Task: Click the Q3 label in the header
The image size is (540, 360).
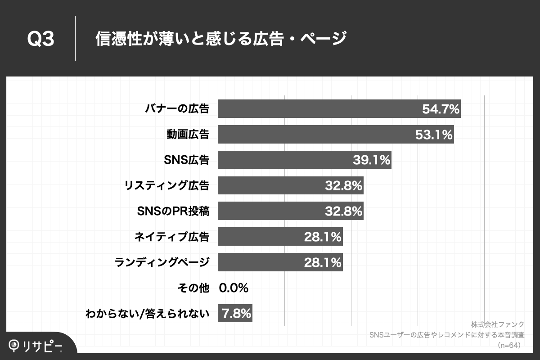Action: [41, 39]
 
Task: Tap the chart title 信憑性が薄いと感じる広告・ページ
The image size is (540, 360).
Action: [220, 39]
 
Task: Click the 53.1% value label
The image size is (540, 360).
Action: [434, 134]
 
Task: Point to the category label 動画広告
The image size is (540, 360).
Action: [187, 134]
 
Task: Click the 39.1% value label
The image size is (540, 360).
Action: [371, 160]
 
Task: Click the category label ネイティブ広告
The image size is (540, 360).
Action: [172, 236]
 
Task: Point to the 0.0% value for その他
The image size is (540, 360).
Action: [234, 288]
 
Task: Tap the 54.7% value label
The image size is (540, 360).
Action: [441, 108]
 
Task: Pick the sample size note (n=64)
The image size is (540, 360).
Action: [509, 345]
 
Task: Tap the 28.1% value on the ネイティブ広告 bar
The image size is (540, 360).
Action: [323, 236]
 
